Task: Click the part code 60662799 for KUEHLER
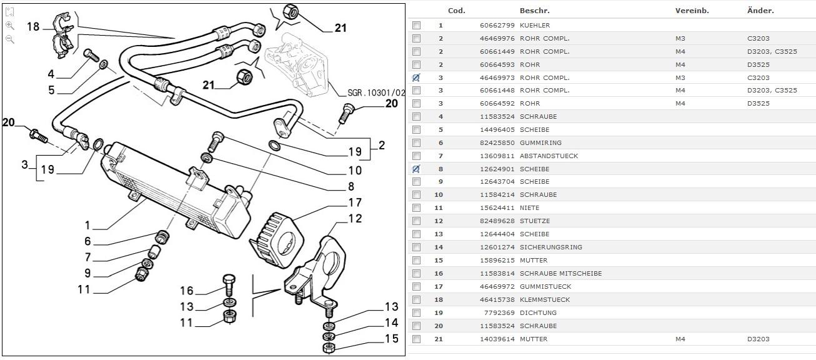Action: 497,26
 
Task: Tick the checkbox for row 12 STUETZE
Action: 416,221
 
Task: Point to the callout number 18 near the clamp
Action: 33,26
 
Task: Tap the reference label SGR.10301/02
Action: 376,93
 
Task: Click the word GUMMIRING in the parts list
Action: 540,143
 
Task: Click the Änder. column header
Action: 760,11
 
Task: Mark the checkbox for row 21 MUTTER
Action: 416,339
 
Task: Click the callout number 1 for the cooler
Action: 87,225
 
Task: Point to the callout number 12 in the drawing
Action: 355,219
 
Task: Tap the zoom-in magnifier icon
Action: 10,26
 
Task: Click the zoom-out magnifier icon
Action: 10,39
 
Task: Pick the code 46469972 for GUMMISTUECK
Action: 497,286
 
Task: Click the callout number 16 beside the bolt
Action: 187,291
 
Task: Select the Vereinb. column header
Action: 692,11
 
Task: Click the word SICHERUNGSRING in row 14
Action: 550,247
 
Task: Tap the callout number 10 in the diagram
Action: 355,170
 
